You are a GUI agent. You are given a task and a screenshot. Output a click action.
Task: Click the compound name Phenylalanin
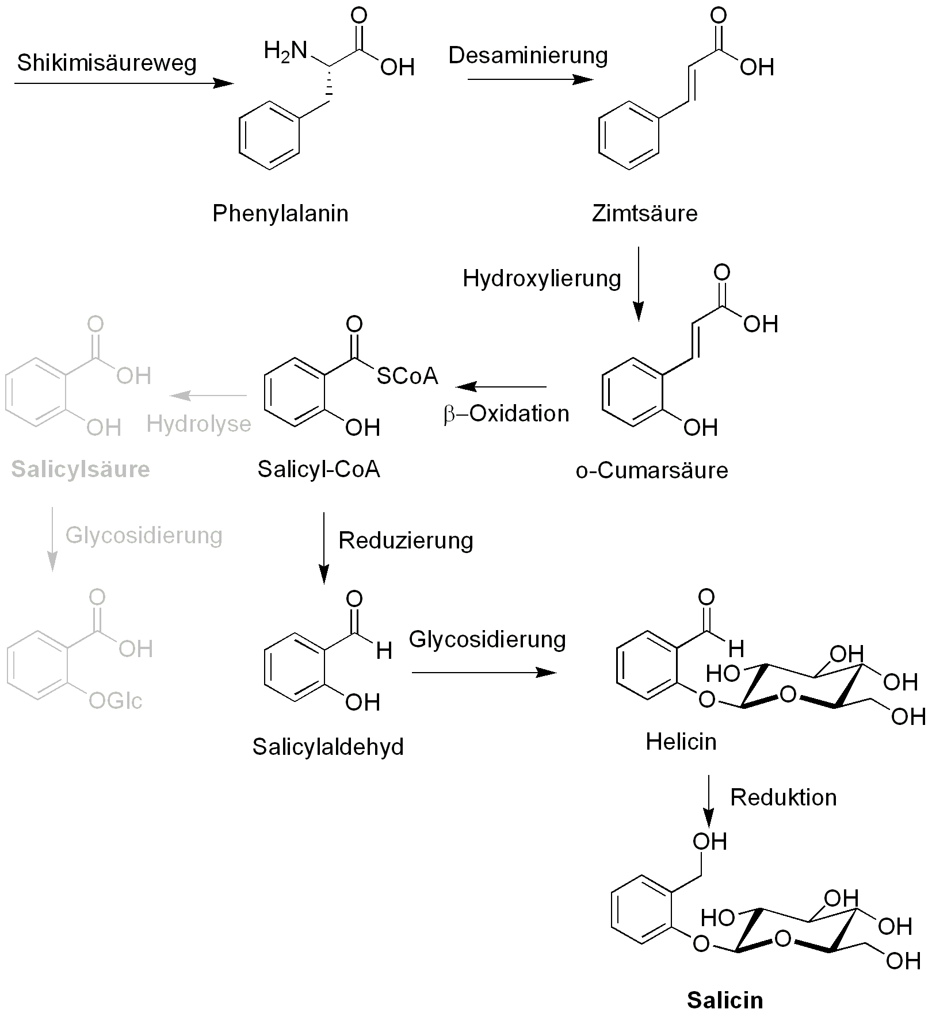coord(280,214)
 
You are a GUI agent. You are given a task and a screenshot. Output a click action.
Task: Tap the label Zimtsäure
coord(644,214)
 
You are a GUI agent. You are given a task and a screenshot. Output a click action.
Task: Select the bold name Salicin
coord(725,1000)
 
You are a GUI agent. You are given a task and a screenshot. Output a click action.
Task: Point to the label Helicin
coord(681,742)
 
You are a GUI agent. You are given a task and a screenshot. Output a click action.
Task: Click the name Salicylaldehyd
coord(328,747)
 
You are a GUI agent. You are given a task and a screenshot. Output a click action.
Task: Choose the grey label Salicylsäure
coord(81,469)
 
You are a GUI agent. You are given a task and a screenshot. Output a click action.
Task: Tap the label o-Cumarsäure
coord(652,470)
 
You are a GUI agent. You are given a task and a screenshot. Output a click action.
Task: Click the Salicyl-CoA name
coord(319,469)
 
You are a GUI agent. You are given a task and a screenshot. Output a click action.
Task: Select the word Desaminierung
coord(528,55)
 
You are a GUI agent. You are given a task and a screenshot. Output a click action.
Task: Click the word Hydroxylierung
coord(542,278)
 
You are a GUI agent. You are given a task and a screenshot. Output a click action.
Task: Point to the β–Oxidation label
coord(506,414)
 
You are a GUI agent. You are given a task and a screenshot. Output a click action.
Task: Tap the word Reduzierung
coord(406,540)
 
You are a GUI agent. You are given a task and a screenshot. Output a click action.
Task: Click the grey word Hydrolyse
coord(199,424)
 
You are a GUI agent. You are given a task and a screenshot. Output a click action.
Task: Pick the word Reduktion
coord(784,797)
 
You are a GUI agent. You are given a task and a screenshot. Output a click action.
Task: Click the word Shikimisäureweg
coord(107,63)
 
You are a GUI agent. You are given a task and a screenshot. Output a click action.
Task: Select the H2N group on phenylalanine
coord(285,51)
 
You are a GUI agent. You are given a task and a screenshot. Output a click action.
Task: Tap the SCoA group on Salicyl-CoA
coord(407,376)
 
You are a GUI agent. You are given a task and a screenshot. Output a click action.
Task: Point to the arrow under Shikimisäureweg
coord(124,84)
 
